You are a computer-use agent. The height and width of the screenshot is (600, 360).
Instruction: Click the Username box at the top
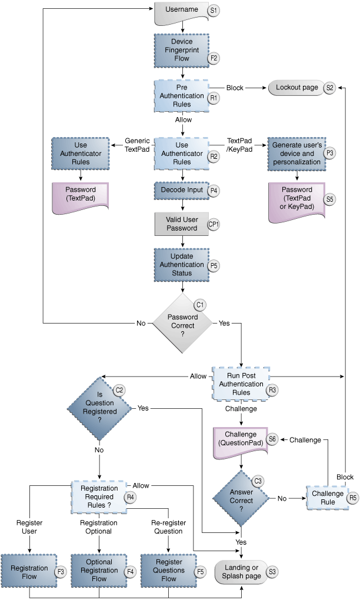(181, 12)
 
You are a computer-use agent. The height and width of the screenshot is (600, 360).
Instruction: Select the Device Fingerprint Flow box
(181, 50)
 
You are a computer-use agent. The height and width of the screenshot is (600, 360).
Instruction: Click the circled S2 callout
(329, 88)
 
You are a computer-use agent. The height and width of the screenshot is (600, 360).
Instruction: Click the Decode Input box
(181, 191)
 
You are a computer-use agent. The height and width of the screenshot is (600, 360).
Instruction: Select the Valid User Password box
(181, 224)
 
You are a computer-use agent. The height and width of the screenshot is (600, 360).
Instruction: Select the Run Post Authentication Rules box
(242, 384)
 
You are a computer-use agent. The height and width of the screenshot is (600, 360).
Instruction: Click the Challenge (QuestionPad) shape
(241, 439)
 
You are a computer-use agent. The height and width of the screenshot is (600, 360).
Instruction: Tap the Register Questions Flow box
(168, 570)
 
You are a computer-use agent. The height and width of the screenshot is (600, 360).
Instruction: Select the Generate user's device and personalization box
(296, 153)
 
